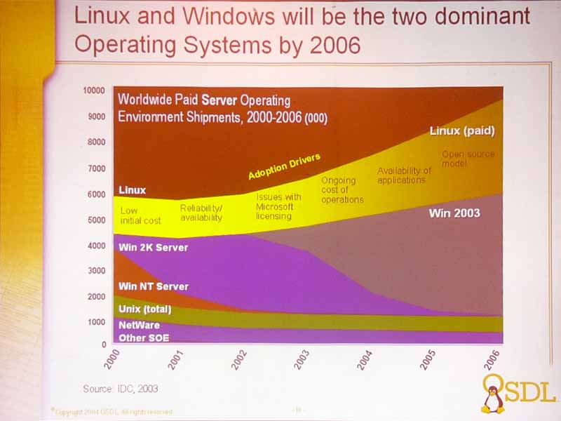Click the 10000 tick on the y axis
point(93,91)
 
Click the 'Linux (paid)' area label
point(462,131)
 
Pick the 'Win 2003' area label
point(454,212)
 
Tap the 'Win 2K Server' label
point(153,247)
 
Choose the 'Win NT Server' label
point(154,286)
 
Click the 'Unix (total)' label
point(145,309)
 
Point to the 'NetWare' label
point(139,326)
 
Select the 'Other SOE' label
point(144,338)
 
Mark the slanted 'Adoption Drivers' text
point(284,166)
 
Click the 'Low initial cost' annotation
point(140,215)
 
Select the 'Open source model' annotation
point(468,159)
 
